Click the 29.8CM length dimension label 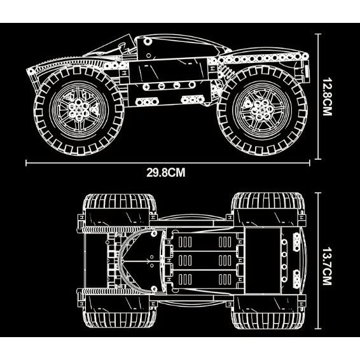click(166, 172)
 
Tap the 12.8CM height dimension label click(327, 97)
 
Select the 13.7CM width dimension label click(327, 266)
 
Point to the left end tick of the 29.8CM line click(26, 163)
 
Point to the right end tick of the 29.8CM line click(310, 163)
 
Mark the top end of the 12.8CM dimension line click(318, 34)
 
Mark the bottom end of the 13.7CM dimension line click(318, 329)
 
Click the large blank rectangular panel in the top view click(263, 261)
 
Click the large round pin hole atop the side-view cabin click(148, 41)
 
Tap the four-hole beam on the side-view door click(169, 86)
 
